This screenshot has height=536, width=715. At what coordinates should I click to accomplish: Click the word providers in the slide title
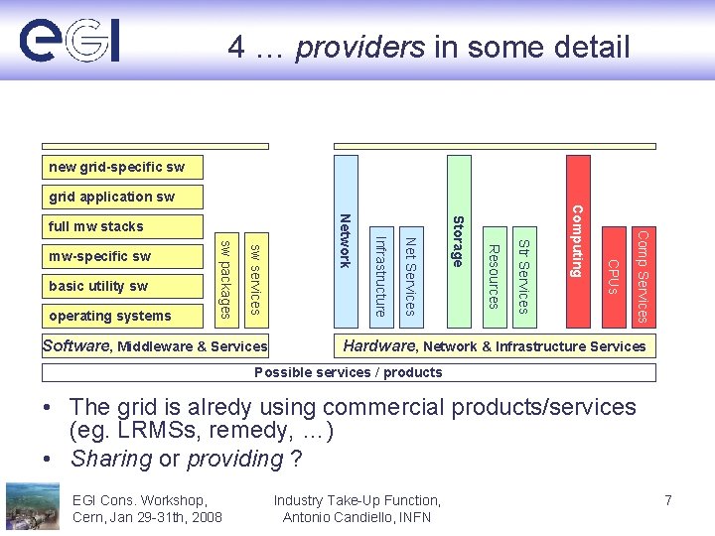point(360,47)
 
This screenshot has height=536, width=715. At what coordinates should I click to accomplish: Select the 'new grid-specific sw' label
point(116,167)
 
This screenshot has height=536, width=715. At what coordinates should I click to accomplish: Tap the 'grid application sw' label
point(111,197)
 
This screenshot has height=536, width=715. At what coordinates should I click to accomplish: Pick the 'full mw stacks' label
point(95,226)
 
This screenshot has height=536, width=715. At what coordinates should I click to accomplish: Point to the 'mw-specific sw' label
point(99,256)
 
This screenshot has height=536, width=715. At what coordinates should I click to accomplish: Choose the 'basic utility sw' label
point(97,286)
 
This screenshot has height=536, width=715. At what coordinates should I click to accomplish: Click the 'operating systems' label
point(109,316)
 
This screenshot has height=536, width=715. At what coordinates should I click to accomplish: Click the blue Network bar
point(346,241)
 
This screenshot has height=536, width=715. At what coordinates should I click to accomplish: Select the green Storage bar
point(458,241)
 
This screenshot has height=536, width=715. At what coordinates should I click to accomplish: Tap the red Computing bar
point(576,240)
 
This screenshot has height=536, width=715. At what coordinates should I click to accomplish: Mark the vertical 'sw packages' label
point(226,279)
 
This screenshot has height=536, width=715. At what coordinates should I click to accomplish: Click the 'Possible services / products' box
point(349,372)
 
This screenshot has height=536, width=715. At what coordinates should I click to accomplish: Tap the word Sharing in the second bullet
point(110,459)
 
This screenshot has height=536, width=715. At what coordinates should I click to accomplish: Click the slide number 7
point(668,500)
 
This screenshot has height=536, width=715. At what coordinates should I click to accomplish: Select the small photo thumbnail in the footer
point(32,506)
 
